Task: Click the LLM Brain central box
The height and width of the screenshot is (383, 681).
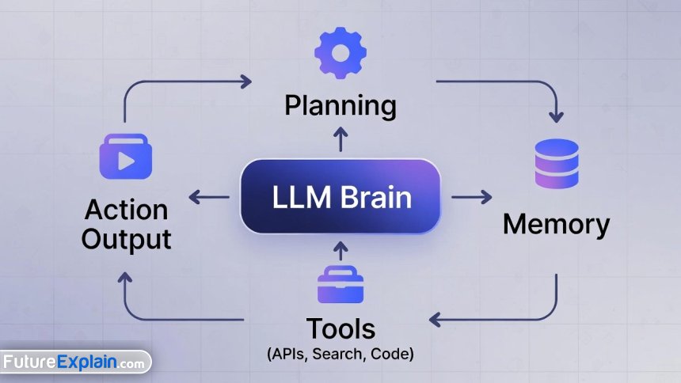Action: pyautogui.click(x=340, y=197)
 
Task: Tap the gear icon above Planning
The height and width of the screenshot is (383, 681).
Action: pyautogui.click(x=340, y=51)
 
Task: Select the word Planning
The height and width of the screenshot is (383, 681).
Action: pyautogui.click(x=340, y=105)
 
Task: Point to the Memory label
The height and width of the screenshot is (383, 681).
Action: pyautogui.click(x=556, y=225)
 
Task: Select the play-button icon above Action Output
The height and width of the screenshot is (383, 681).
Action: pyautogui.click(x=125, y=155)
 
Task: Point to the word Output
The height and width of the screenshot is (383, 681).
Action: pyautogui.click(x=127, y=238)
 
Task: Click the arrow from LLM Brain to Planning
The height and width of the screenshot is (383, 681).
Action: pyautogui.click(x=340, y=139)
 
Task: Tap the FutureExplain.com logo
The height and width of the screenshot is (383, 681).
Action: pyautogui.click(x=74, y=363)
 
